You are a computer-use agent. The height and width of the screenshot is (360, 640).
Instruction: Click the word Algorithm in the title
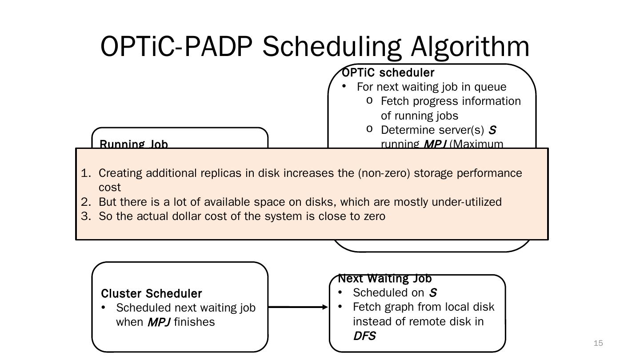(470, 46)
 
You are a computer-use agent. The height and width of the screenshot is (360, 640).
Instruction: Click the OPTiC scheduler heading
(388, 72)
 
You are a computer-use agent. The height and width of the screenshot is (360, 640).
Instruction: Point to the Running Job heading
(134, 144)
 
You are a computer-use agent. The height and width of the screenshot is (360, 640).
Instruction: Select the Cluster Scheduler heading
(152, 294)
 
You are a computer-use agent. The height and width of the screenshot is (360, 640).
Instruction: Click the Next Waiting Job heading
(385, 279)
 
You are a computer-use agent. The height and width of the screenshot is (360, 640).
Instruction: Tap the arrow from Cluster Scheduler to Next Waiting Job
(298, 307)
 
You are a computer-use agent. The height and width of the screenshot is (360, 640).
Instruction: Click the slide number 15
(598, 343)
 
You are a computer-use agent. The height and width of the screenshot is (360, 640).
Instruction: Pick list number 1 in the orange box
(85, 173)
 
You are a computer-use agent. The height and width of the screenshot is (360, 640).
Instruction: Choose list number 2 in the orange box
(85, 202)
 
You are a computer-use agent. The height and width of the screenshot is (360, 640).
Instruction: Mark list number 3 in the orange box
(85, 216)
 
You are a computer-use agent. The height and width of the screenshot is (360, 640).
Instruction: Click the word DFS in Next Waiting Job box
(364, 336)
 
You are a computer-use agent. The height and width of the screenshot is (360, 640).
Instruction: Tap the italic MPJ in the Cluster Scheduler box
(159, 322)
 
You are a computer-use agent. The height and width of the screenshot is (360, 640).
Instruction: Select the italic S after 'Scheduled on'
(432, 293)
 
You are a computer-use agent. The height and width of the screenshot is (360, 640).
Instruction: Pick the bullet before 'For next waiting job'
(344, 86)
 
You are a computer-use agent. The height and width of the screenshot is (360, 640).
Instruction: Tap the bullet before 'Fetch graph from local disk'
(340, 307)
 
